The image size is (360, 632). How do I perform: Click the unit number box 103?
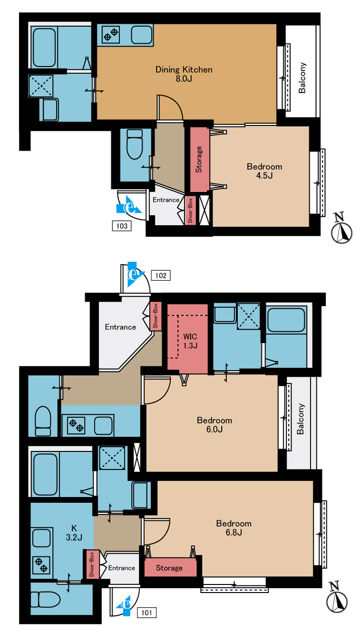tap(122, 226)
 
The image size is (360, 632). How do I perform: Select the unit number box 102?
tap(161, 276)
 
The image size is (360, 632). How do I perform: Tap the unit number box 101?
tap(147, 613)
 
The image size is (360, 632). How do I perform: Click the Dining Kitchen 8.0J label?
tap(184, 74)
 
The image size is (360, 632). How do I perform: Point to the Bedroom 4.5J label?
tap(265, 171)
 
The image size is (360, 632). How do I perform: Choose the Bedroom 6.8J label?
tap(234, 528)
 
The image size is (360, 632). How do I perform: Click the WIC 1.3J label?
tap(190, 341)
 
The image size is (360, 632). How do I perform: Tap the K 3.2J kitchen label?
tap(74, 533)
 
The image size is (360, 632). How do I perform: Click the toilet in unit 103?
tap(134, 144)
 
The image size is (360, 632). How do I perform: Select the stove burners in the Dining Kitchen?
tap(111, 35)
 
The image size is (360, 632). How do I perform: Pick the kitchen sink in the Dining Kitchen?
tap(142, 35)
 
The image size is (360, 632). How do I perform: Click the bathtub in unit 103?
tap(44, 48)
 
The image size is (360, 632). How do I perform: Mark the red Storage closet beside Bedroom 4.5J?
tap(199, 159)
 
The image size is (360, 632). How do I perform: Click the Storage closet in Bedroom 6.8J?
tap(171, 568)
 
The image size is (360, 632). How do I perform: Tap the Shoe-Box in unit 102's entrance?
tap(155, 316)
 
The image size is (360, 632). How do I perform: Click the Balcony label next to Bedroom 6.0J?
tap(301, 419)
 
